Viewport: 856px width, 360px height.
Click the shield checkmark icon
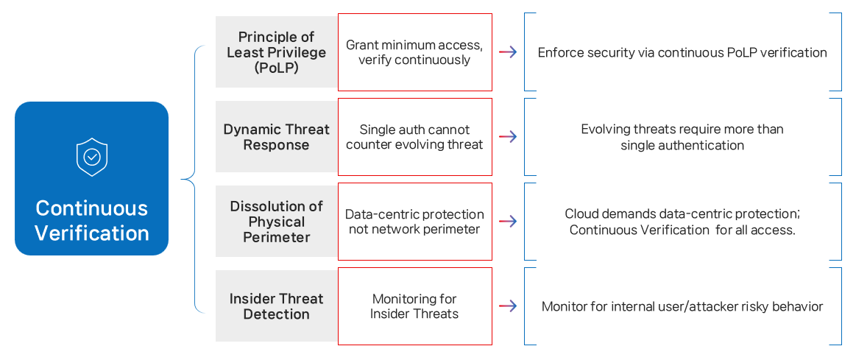92,156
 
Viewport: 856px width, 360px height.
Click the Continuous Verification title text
92,221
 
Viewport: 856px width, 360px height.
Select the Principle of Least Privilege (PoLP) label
276,52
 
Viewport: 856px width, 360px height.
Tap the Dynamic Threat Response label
276,137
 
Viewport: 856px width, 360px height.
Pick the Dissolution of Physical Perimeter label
276,222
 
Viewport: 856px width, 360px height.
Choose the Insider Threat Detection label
276,306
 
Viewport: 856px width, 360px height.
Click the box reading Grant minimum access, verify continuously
414,52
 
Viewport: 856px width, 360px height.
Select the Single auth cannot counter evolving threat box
414,137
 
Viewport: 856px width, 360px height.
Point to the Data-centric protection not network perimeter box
414,222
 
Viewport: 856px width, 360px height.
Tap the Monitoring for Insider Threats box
414,306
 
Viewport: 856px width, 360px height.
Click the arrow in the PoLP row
508,52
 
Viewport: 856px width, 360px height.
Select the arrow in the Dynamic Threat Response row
508,137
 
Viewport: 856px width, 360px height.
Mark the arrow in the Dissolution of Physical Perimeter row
508,222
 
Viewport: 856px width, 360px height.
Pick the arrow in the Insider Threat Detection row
508,306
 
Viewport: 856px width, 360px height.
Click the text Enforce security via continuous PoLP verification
682,53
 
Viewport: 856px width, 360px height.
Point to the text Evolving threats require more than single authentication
682,137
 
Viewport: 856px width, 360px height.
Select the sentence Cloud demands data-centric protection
682,213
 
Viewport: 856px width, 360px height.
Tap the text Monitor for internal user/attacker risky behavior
682,306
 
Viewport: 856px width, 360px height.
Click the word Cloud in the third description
581,213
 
